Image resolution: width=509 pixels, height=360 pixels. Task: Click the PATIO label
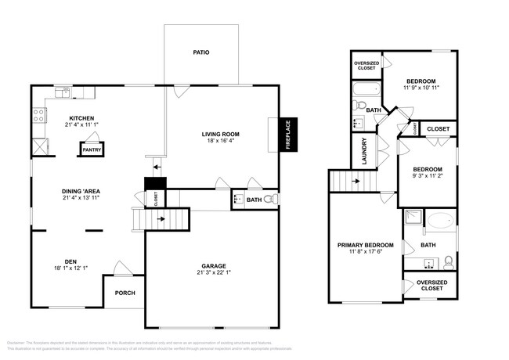pyautogui.click(x=201, y=52)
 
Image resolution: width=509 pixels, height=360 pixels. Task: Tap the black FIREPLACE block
pyautogui.click(x=287, y=134)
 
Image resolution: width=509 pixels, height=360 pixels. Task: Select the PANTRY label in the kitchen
pyautogui.click(x=92, y=149)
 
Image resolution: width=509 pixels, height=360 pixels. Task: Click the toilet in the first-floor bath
pyautogui.click(x=269, y=200)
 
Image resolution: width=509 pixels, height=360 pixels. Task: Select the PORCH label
pyautogui.click(x=125, y=293)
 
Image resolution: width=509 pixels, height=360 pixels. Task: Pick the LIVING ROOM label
pyautogui.click(x=221, y=134)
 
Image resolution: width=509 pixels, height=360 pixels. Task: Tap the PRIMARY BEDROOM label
pyautogui.click(x=363, y=245)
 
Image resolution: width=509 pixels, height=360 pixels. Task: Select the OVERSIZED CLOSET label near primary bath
pyautogui.click(x=431, y=286)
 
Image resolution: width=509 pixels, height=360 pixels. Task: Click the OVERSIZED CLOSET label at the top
pyautogui.click(x=367, y=66)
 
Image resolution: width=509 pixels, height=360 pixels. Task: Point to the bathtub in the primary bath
pyautogui.click(x=438, y=222)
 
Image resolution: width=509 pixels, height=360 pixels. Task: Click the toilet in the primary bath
pyautogui.click(x=449, y=261)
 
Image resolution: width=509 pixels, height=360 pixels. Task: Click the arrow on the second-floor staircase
pyautogui.click(x=356, y=182)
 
